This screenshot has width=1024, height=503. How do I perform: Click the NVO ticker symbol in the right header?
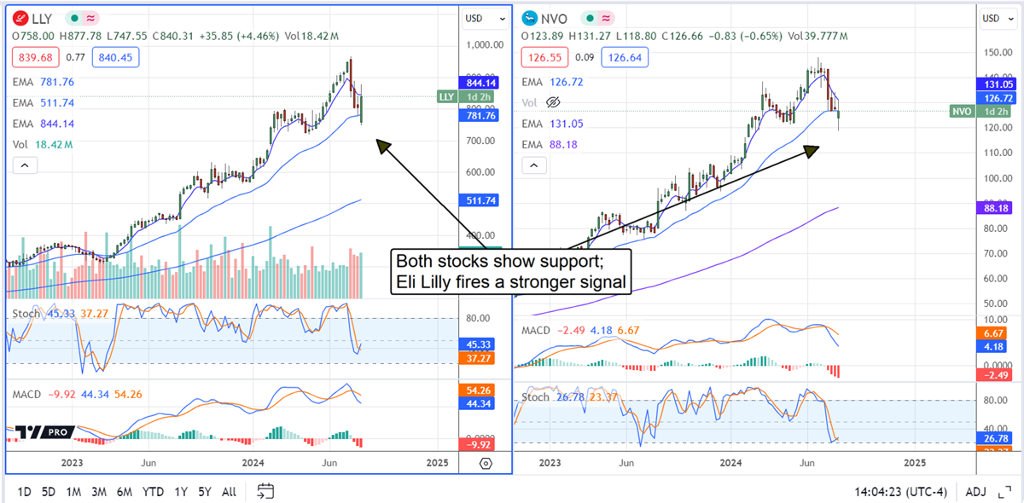coord(556,17)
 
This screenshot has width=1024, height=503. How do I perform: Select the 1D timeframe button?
coord(25,492)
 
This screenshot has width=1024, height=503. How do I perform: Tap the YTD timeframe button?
coord(153,492)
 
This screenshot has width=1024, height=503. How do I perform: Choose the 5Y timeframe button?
coord(205,492)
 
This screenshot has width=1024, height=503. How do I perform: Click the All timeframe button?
coord(229,492)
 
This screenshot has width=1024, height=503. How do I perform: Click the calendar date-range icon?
coord(265,491)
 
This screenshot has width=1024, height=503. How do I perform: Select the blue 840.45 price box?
coord(113,57)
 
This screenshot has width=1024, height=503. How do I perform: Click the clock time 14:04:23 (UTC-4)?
coord(906,492)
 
